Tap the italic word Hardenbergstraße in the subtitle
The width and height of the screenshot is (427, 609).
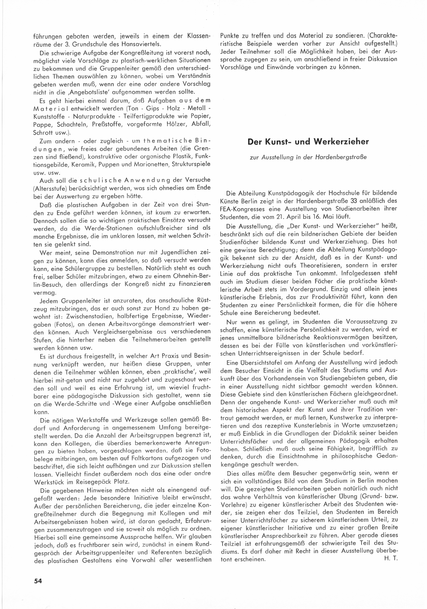pos(341,157)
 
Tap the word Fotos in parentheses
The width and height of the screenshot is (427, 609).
pos(63,324)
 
